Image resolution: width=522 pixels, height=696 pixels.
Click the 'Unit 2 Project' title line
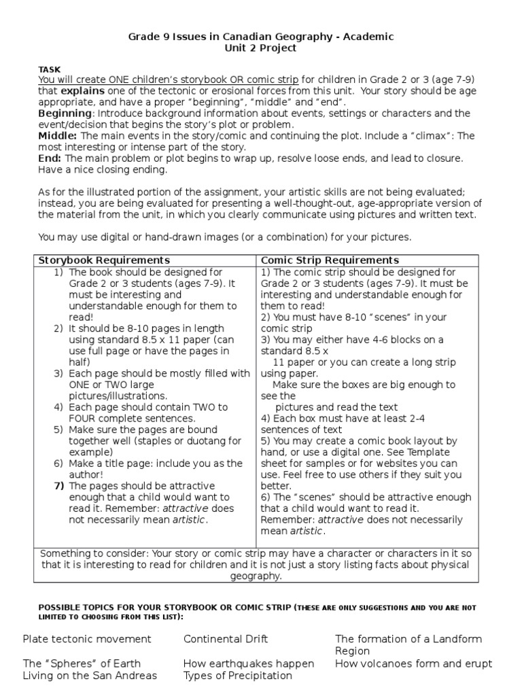(x=261, y=48)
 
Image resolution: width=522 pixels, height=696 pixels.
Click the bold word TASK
(x=50, y=69)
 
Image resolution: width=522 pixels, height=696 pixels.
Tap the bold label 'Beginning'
(x=65, y=113)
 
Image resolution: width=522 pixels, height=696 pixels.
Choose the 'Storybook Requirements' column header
(x=104, y=260)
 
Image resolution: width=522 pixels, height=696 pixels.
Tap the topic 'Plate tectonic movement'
(x=87, y=639)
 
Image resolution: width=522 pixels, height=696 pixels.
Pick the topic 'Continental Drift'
(x=226, y=639)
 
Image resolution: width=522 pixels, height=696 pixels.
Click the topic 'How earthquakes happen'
(x=249, y=663)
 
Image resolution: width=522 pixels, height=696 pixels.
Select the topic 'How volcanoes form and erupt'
(x=413, y=663)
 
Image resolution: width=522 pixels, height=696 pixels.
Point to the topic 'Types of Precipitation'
(x=237, y=676)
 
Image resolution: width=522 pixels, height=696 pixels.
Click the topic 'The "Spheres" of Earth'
(x=82, y=663)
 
